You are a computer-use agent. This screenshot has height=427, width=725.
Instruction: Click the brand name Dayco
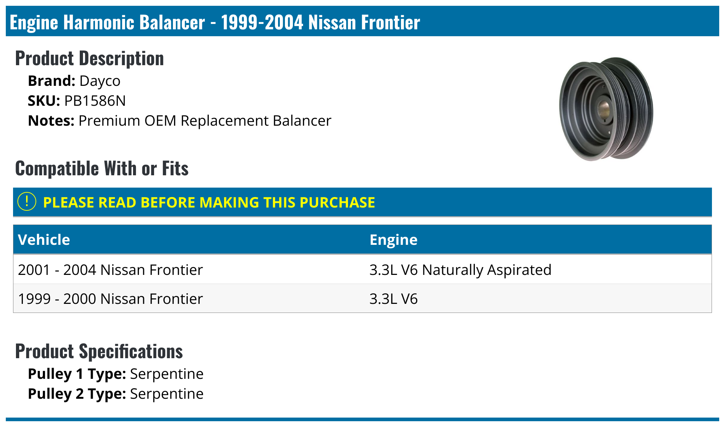pyautogui.click(x=100, y=81)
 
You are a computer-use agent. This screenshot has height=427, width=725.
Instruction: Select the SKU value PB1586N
pyautogui.click(x=95, y=101)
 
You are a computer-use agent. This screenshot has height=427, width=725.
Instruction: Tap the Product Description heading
pyautogui.click(x=90, y=58)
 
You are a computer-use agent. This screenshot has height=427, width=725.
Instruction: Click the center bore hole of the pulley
pyautogui.click(x=604, y=108)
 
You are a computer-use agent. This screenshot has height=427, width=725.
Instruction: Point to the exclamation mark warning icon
pyautogui.click(x=27, y=202)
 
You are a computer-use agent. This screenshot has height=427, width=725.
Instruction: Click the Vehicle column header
pyautogui.click(x=44, y=240)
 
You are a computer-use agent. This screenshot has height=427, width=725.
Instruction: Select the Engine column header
pyautogui.click(x=393, y=240)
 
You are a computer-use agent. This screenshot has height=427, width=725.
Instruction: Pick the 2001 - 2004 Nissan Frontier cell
pyautogui.click(x=110, y=270)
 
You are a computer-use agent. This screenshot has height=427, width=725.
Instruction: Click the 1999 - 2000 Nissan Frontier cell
pyautogui.click(x=110, y=299)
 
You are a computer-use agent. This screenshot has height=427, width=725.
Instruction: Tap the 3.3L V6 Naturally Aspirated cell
pyautogui.click(x=460, y=270)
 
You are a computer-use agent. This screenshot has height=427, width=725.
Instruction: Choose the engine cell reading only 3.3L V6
pyautogui.click(x=393, y=299)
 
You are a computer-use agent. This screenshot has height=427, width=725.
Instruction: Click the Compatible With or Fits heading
pyautogui.click(x=102, y=168)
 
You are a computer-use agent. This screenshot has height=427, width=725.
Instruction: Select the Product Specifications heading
pyautogui.click(x=99, y=351)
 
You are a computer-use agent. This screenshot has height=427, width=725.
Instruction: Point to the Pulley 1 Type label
pyautogui.click(x=77, y=374)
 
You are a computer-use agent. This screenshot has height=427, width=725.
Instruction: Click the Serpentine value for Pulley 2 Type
pyautogui.click(x=167, y=394)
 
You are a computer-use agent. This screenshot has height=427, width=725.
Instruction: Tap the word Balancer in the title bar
pyautogui.click(x=172, y=22)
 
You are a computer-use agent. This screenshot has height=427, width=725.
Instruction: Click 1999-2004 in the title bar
pyautogui.click(x=262, y=22)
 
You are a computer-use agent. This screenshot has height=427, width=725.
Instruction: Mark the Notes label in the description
pyautogui.click(x=51, y=121)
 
